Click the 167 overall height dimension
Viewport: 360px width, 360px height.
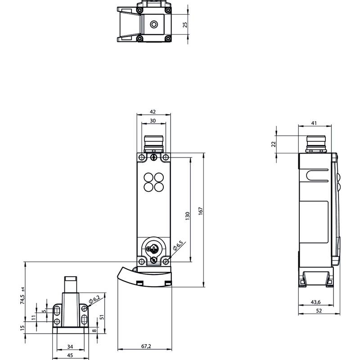(x=201, y=211)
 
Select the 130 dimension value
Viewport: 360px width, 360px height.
(x=188, y=216)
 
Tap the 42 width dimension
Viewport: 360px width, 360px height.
(x=153, y=112)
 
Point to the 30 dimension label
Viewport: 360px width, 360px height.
(x=153, y=121)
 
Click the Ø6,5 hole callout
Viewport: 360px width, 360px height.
(x=178, y=245)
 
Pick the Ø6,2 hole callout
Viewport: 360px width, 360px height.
(x=94, y=300)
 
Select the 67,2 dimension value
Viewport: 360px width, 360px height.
(x=146, y=346)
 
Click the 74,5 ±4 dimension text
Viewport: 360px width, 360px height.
(x=22, y=296)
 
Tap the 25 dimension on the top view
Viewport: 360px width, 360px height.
(x=185, y=25)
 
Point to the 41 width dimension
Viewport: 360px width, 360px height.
(x=314, y=123)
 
